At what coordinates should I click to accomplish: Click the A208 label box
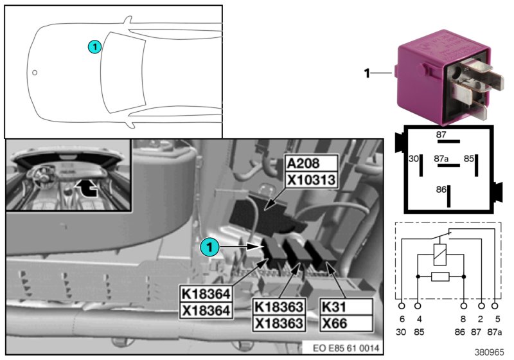click(310, 163)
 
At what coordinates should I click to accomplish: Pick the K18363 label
click(278, 307)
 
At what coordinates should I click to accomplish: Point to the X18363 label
click(278, 323)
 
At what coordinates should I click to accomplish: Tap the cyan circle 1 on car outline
click(94, 46)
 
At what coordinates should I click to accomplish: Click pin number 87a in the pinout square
click(441, 157)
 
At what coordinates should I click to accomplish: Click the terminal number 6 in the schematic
click(402, 318)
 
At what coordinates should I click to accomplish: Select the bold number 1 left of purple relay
click(367, 73)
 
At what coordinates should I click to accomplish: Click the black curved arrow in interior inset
click(87, 187)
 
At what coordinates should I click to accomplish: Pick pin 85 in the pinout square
click(469, 157)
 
